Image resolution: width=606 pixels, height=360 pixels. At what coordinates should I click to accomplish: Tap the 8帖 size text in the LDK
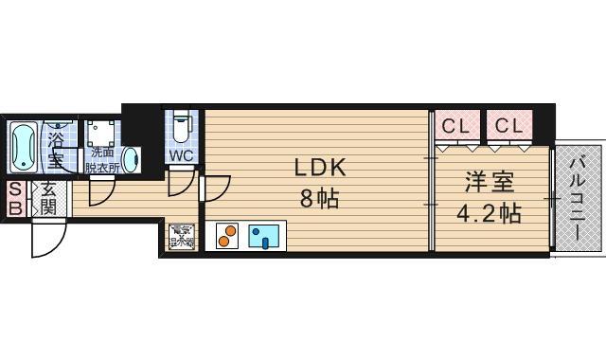click(x=318, y=199)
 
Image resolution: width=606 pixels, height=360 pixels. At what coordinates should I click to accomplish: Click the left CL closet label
click(x=457, y=125)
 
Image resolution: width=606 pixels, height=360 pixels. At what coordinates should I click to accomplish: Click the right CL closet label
click(x=509, y=125)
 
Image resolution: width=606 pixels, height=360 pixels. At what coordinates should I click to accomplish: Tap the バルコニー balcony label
click(x=578, y=201)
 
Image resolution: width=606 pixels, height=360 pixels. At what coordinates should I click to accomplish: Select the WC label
click(x=181, y=154)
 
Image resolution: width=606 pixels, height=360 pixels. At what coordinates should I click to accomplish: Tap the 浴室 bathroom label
click(x=58, y=148)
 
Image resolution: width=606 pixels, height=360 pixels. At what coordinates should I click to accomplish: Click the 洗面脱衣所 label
click(x=101, y=158)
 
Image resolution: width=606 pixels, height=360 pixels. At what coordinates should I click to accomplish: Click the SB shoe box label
click(x=16, y=198)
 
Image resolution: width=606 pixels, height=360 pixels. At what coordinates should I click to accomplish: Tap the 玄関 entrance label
click(x=47, y=198)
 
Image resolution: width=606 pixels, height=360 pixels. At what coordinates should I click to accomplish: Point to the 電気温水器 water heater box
click(x=180, y=236)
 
